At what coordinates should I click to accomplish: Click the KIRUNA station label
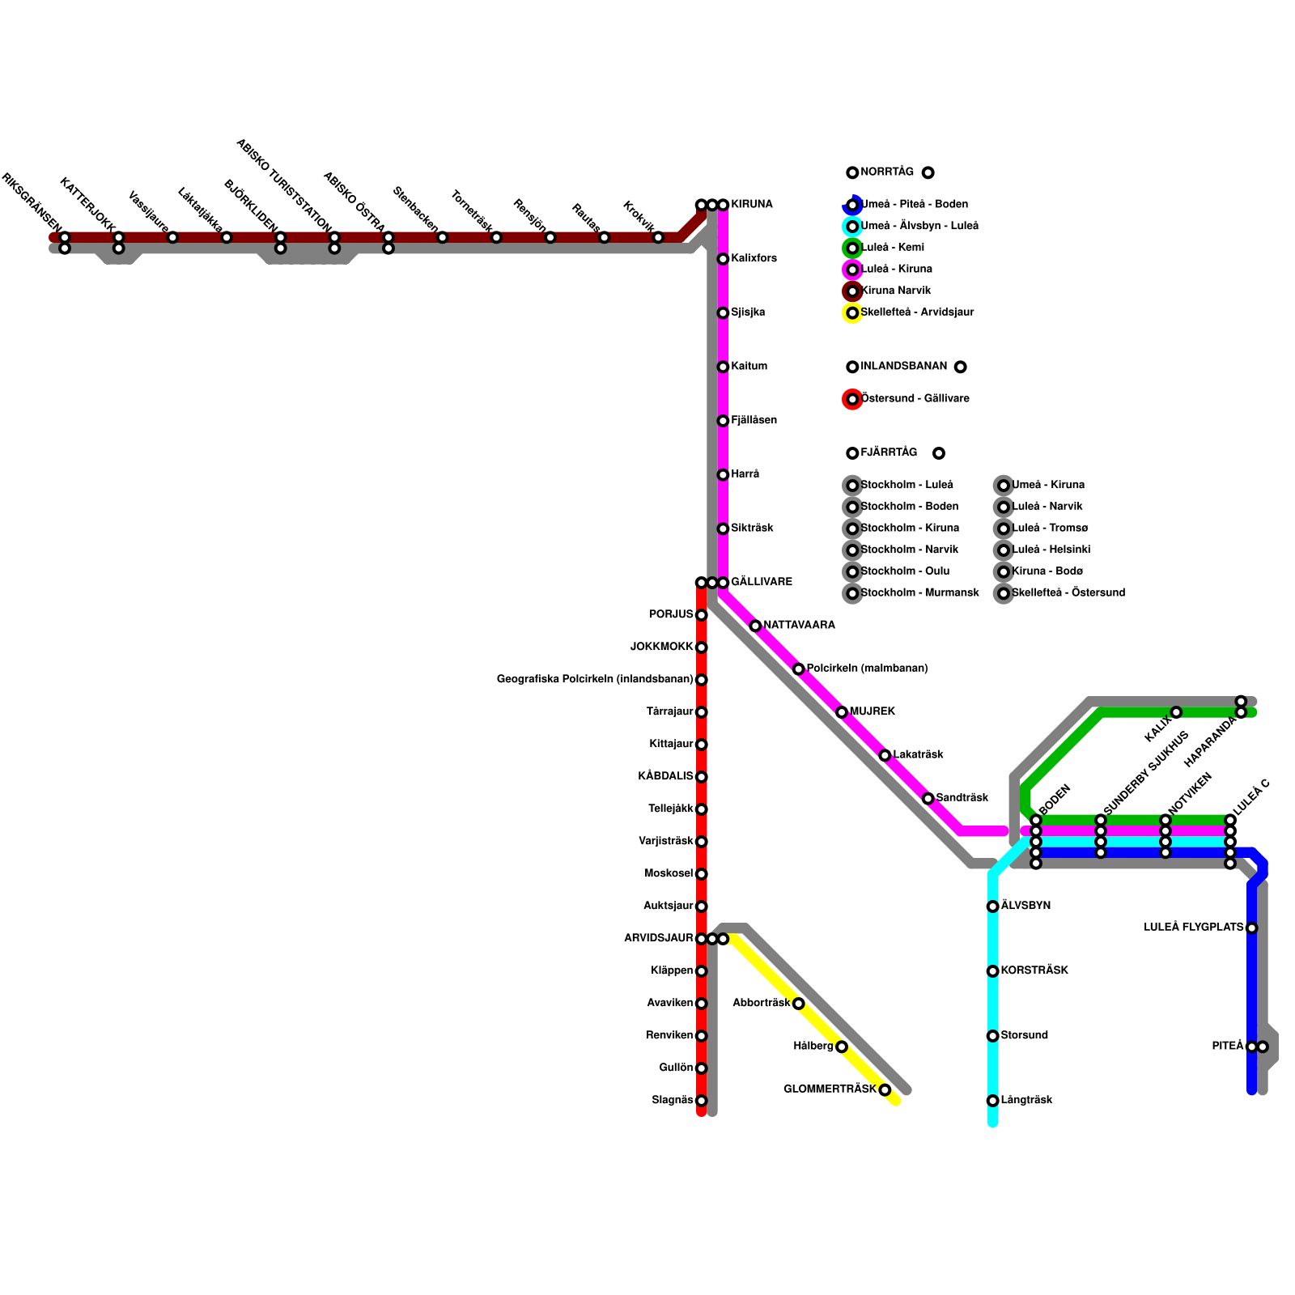(751, 205)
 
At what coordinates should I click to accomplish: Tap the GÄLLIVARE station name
(761, 583)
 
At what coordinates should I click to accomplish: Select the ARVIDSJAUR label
(659, 939)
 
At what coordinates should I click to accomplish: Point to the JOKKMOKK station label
(662, 647)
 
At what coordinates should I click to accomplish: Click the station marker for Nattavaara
(755, 626)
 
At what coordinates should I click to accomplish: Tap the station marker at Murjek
(842, 712)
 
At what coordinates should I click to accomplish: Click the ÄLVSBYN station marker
(992, 906)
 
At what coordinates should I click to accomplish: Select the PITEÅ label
(1227, 1047)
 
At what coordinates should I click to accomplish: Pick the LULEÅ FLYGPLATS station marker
(1251, 928)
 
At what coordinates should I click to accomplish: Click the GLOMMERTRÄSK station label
(830, 1089)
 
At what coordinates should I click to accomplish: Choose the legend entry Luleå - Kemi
(892, 248)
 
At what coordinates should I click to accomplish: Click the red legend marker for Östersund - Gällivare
(852, 399)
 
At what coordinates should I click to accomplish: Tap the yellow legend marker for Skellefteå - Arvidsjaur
(852, 313)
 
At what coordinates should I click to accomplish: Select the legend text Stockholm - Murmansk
(919, 593)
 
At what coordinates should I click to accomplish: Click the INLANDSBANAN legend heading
(903, 367)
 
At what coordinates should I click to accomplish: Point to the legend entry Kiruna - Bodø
(1047, 571)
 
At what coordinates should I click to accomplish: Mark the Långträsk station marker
(992, 1101)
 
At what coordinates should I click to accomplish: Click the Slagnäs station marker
(701, 1101)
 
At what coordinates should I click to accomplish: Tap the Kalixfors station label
(754, 259)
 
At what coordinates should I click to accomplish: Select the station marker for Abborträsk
(798, 1004)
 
